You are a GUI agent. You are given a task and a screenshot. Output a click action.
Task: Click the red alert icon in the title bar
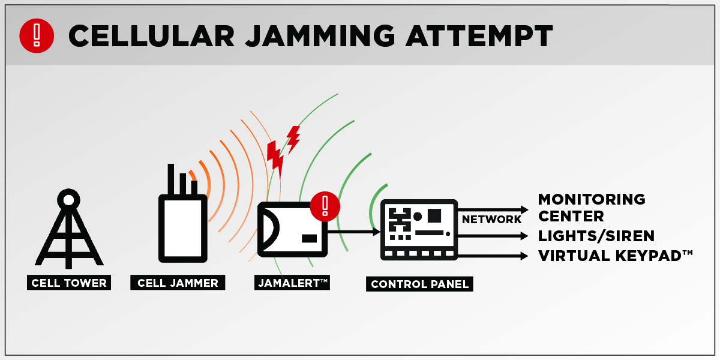[x=37, y=35]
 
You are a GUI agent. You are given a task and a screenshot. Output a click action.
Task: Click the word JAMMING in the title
[x=320, y=36]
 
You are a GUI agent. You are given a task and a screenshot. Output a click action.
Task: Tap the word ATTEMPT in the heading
[x=479, y=36]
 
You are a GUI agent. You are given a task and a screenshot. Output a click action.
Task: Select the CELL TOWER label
[x=69, y=283]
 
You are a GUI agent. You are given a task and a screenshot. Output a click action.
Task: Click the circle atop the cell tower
[x=68, y=200]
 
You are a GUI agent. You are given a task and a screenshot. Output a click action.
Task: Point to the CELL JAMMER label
[x=178, y=283]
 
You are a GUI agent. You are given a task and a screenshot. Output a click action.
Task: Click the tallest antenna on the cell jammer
[x=170, y=179]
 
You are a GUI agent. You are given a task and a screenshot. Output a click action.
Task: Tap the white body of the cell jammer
[x=183, y=228]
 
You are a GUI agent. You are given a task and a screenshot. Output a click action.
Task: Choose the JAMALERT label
[x=292, y=283]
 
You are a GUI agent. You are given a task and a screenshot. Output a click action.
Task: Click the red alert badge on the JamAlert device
[x=325, y=206]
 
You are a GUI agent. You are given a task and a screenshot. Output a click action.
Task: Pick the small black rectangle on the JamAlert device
[x=309, y=239]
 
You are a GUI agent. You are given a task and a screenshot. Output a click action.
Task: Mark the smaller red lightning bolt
[x=293, y=139]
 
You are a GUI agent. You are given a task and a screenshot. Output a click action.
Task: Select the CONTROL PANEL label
[x=419, y=284]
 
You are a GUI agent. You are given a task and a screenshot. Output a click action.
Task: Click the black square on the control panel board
[x=434, y=215]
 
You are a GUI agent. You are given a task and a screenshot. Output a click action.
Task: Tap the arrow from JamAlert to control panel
[x=354, y=232]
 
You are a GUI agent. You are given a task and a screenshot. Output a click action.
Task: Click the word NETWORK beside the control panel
[x=491, y=219]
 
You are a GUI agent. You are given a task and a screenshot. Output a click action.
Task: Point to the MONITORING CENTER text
[x=592, y=208]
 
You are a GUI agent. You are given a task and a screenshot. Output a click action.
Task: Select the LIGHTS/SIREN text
[x=596, y=236]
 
